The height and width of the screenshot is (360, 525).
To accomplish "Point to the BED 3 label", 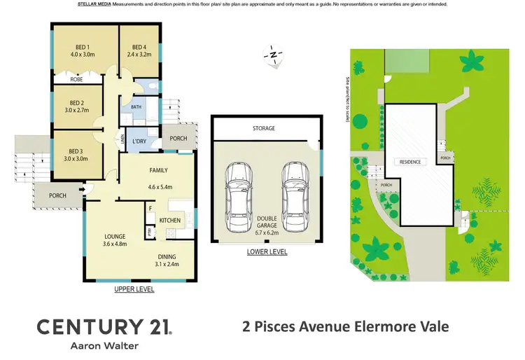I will click(x=76, y=151).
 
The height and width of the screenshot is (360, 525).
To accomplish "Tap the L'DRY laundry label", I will click(x=139, y=139).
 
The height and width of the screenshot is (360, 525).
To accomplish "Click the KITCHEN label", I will click(x=170, y=221).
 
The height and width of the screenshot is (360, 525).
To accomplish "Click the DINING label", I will click(x=167, y=256).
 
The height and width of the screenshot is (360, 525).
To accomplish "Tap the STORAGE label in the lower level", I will click(x=264, y=129).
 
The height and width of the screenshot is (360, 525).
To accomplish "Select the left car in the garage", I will click(x=238, y=191).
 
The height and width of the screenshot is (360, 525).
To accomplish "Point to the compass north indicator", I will click(x=273, y=54).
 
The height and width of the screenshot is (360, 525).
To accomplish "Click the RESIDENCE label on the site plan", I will click(x=410, y=162).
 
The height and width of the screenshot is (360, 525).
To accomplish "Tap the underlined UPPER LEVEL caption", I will click(x=134, y=289).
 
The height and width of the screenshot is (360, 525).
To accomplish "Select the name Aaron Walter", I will click(x=104, y=346).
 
